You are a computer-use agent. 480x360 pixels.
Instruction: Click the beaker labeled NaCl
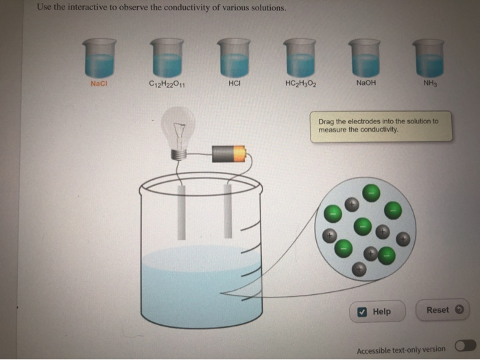100,58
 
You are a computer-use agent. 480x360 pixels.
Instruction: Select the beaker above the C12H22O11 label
167,58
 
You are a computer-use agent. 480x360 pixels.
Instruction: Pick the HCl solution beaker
234,58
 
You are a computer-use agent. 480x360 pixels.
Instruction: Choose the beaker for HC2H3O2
299,58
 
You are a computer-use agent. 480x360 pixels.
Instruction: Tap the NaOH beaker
365,58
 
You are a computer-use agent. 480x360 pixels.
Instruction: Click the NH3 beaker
429,58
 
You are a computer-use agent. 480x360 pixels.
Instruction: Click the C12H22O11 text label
166,84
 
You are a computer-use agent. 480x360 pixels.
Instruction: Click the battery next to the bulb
228,154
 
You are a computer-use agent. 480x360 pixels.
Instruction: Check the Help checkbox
362,312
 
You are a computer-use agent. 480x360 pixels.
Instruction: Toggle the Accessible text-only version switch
464,348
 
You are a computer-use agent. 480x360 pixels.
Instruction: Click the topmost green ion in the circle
371,192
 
